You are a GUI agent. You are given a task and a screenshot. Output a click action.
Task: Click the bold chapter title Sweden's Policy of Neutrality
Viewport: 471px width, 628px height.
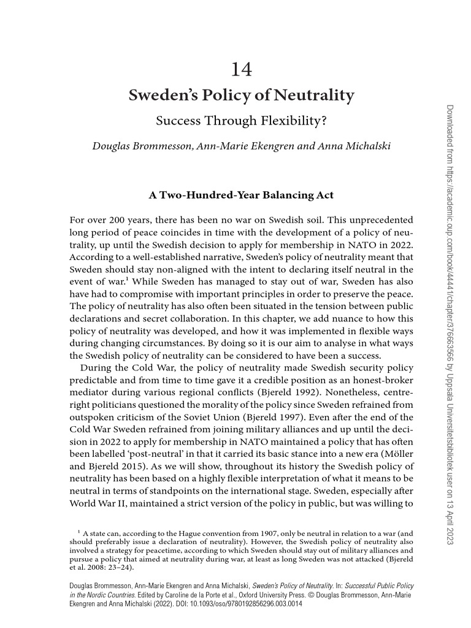(241, 96)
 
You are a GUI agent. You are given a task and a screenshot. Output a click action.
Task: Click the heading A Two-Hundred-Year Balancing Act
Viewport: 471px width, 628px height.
(241, 195)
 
